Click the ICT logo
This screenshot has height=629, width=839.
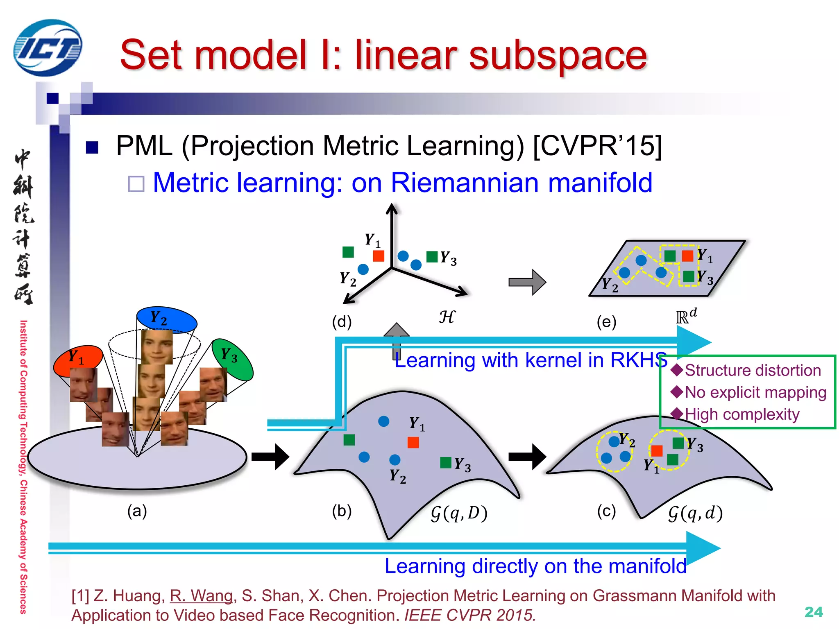point(48,48)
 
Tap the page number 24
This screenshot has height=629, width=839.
point(813,612)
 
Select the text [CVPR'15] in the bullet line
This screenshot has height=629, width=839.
point(597,145)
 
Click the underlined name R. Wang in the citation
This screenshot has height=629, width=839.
point(201,595)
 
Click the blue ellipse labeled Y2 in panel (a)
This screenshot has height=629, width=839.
point(166,319)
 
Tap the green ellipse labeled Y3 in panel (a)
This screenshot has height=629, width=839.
point(233,359)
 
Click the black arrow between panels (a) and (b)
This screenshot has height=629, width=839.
point(270,457)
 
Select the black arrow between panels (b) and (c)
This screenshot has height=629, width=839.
point(527,457)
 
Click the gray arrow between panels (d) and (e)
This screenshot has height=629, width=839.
point(527,282)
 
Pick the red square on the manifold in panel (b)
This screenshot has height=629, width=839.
point(413,442)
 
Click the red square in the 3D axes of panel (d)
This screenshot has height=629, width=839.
point(379,256)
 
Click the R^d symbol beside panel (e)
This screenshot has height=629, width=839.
point(686,316)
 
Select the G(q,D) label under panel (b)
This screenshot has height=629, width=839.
point(459,513)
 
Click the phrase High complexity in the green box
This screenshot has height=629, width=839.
point(741,414)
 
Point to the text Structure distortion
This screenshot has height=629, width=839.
point(753,370)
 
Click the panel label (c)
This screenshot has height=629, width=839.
point(606,511)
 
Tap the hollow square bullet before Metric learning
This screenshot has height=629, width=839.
point(136,184)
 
